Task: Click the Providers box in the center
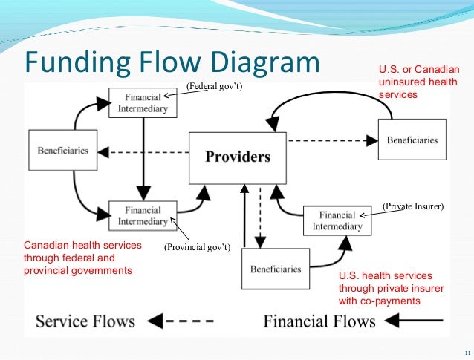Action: pos(238,157)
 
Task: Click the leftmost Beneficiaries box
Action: pos(62,151)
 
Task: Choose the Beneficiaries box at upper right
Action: pos(413,140)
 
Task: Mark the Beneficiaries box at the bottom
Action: pos(275,269)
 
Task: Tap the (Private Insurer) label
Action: pos(413,206)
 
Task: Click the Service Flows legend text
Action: pos(86,321)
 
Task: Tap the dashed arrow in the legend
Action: pos(182,321)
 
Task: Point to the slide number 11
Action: pos(466,352)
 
